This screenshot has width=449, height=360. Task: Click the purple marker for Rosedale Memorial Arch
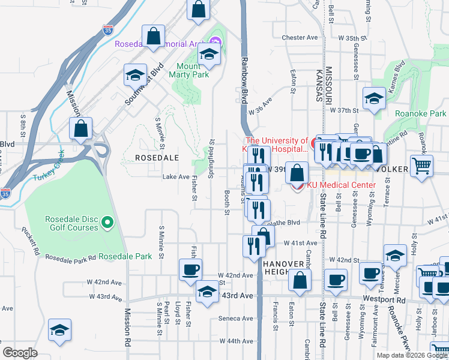tap(215, 41)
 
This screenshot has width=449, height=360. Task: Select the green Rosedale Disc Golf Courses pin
tap(107, 223)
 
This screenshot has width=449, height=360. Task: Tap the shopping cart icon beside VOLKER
tap(422, 165)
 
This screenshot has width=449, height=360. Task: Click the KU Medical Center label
tap(341, 185)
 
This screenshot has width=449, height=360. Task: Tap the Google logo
tap(20, 352)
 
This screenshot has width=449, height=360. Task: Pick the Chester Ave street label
tap(299, 37)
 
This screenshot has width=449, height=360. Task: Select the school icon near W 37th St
tap(374, 98)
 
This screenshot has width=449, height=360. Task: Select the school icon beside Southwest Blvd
tap(135, 75)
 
